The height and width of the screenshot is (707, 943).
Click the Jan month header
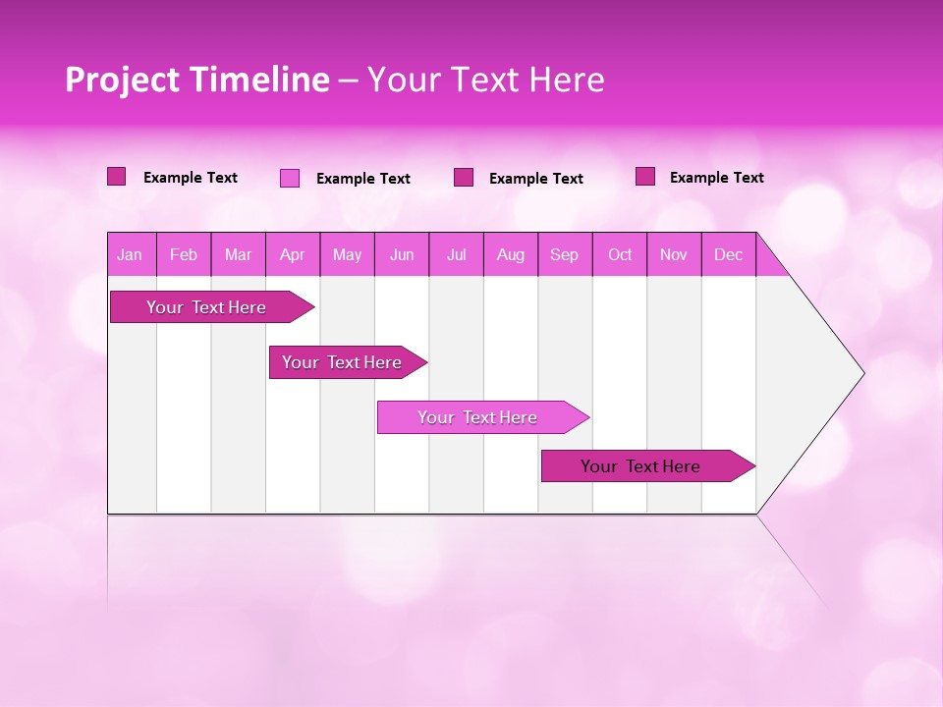[130, 255]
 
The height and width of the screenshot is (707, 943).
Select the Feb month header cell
[184, 255]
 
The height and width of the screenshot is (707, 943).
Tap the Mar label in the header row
[238, 255]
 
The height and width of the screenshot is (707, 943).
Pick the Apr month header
[293, 255]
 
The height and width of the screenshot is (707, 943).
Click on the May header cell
[347, 255]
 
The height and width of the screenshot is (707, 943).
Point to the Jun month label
[402, 255]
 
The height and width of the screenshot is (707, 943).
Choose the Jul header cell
[457, 255]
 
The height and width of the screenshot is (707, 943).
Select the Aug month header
[511, 255]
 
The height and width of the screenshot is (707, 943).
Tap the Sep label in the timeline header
[565, 255]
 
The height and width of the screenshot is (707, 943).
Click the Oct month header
[620, 255]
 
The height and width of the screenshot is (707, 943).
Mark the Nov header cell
[674, 255]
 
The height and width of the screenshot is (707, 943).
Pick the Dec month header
[729, 255]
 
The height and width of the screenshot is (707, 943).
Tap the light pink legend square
[290, 178]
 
